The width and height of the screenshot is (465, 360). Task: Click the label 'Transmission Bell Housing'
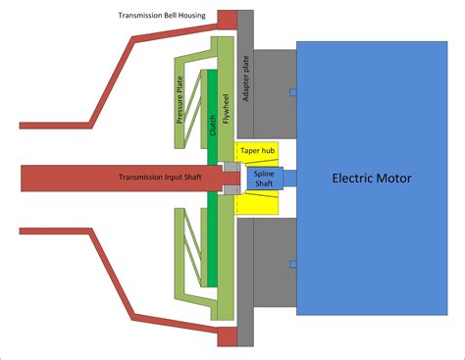pyautogui.click(x=162, y=17)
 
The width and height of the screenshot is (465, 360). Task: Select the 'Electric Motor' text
pyautogui.click(x=372, y=178)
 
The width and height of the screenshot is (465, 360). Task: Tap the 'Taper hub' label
pyautogui.click(x=257, y=152)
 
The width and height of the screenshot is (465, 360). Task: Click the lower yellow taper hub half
pyautogui.click(x=257, y=203)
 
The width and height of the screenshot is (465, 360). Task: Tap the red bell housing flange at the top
pyautogui.click(x=228, y=19)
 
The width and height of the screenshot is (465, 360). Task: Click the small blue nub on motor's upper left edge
pyautogui.click(x=292, y=92)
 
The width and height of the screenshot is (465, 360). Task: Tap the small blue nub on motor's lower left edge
pyautogui.click(x=292, y=261)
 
